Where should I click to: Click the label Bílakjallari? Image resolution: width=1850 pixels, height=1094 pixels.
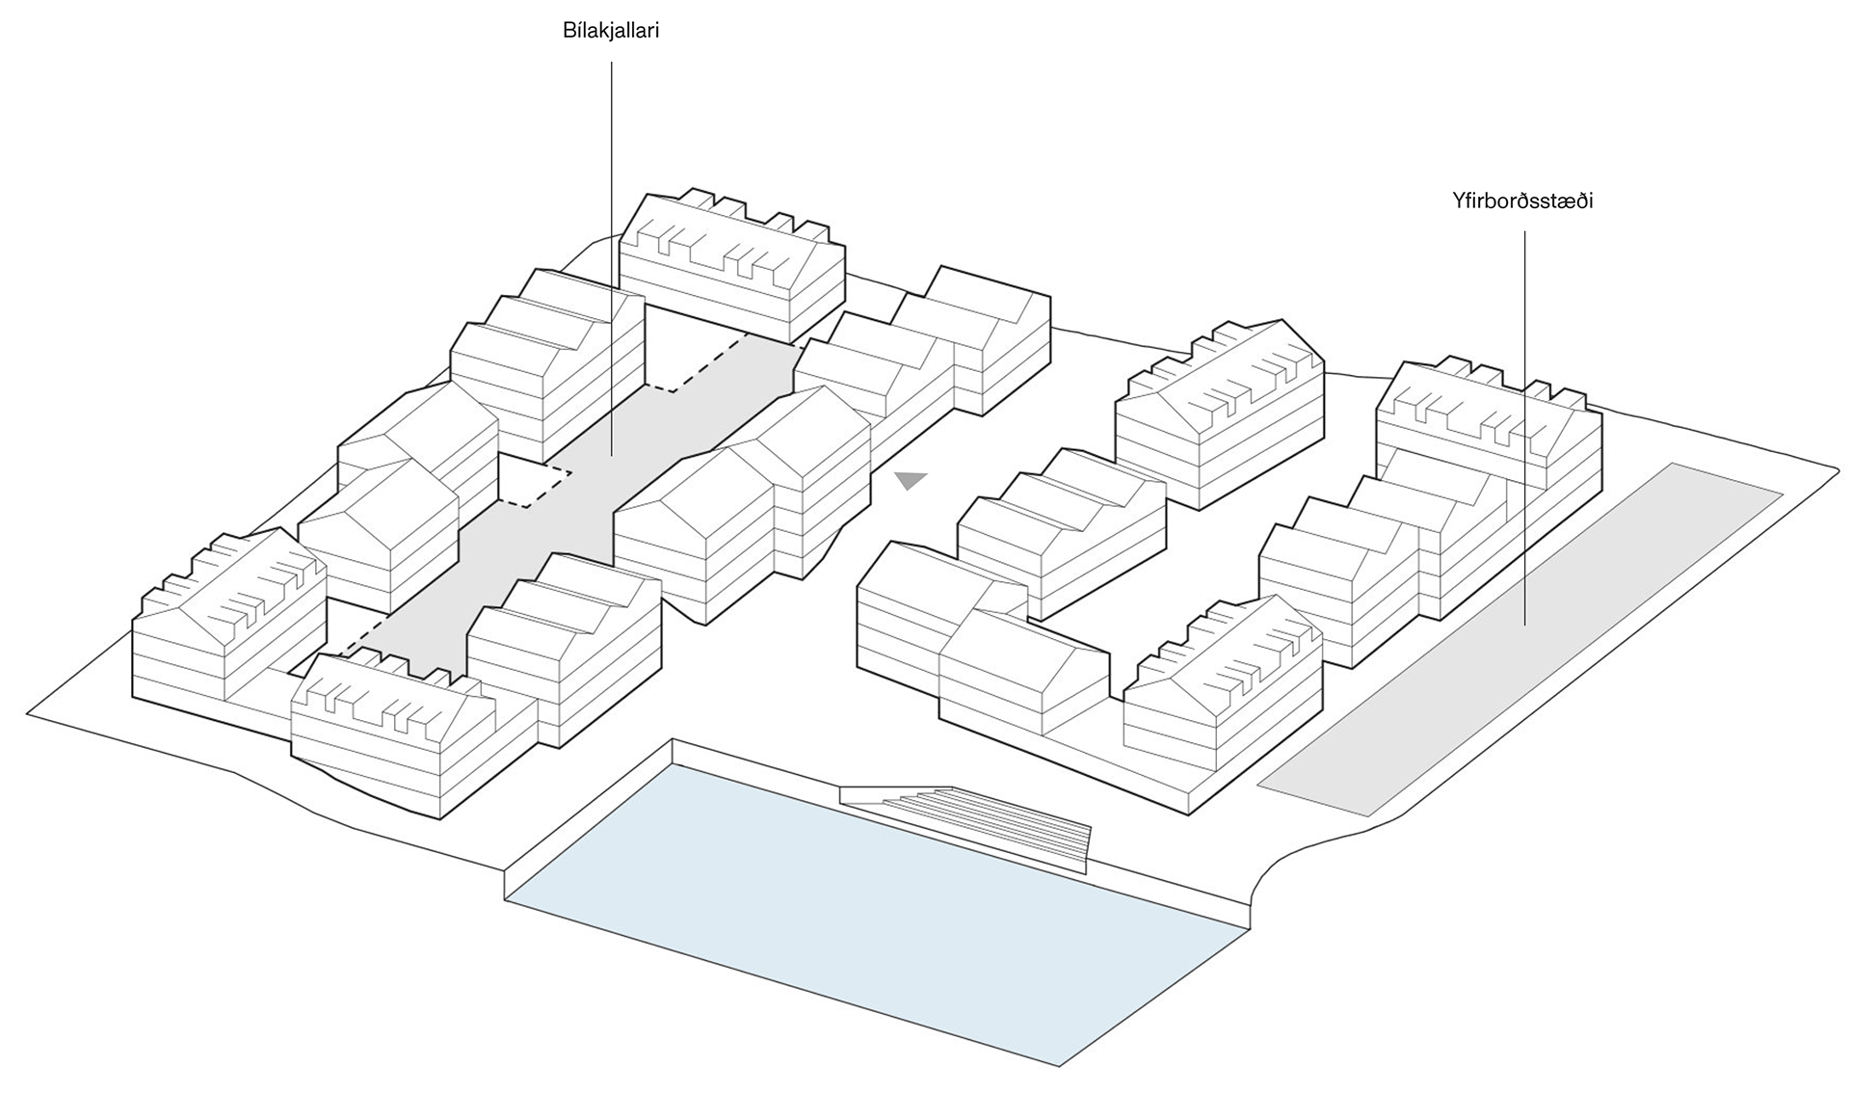(611, 31)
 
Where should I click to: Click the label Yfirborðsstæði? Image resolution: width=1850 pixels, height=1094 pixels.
(1522, 201)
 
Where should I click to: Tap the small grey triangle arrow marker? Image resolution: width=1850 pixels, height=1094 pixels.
(910, 480)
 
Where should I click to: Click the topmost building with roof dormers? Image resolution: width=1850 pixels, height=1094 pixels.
(732, 260)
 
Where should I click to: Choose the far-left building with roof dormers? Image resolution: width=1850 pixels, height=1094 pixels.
(226, 627)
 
